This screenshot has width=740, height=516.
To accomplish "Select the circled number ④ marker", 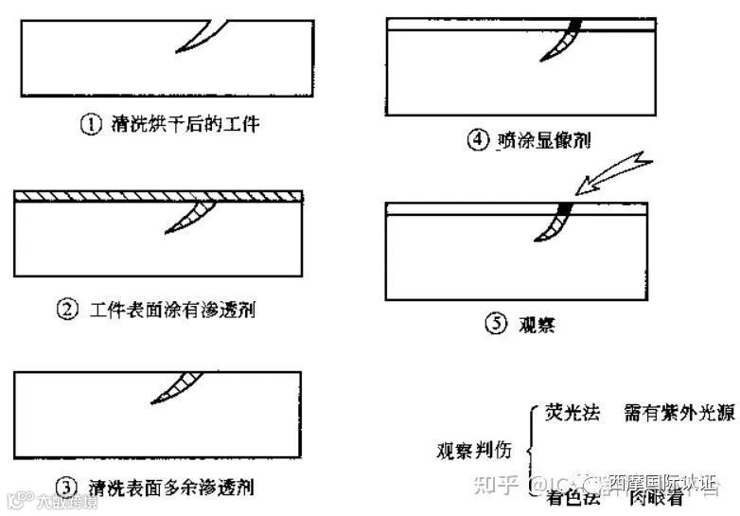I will tap(478, 140).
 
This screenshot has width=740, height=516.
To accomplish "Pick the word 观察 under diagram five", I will tap(537, 323).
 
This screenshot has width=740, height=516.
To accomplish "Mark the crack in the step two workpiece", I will tap(190, 217).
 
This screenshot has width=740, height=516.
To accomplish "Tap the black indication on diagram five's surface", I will tap(566, 207).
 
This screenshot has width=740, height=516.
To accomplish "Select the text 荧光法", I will tap(570, 413).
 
